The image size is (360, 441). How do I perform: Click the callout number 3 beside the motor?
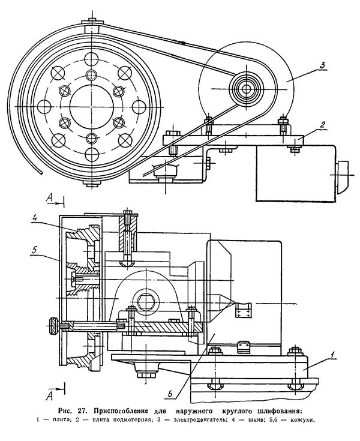point(322,65)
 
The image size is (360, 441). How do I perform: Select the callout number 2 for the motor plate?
point(323,125)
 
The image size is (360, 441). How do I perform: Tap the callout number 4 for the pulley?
point(35,218)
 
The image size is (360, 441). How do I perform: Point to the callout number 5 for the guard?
point(34,250)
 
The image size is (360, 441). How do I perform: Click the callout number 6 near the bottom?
point(170,394)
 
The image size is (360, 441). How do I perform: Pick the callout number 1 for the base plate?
point(332,355)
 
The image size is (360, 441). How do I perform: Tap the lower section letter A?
point(50,396)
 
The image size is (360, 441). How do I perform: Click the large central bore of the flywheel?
point(92,106)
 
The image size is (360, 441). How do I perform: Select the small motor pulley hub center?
point(247,89)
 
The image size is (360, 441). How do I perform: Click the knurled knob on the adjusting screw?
point(53,326)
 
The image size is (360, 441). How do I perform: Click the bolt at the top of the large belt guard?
point(92,21)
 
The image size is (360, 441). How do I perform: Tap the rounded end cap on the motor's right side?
point(342,177)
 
